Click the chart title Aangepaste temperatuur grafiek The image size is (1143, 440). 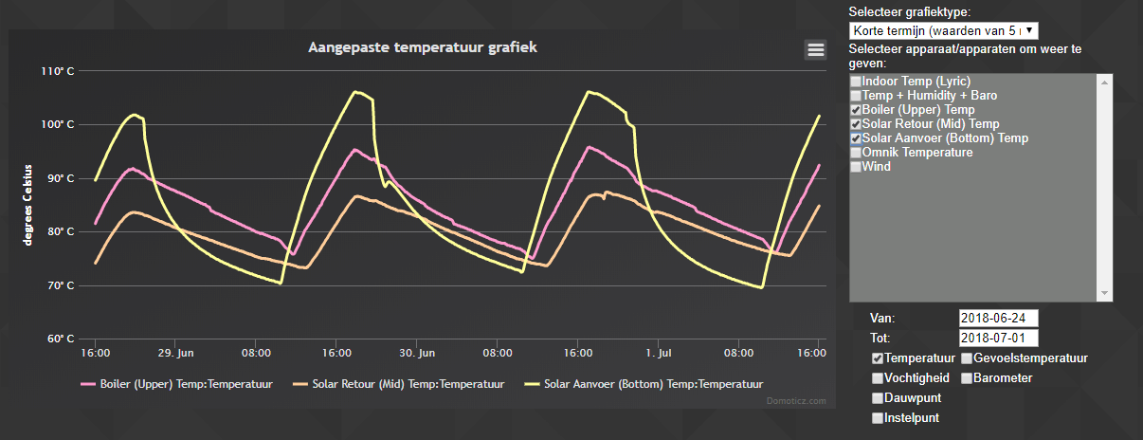tap(423, 47)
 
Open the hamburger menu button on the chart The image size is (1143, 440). tap(815, 49)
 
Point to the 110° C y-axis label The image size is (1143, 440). tap(58, 71)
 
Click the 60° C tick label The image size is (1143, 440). tap(58, 339)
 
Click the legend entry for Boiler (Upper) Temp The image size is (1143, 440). tap(178, 384)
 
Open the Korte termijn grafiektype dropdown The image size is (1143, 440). tap(943, 31)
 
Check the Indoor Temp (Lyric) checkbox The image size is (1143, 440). tap(856, 82)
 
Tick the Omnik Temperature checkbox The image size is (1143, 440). tap(856, 154)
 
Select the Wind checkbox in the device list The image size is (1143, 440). tap(856, 168)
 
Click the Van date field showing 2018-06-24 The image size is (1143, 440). tap(998, 318)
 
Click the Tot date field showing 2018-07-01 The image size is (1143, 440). tap(998, 339)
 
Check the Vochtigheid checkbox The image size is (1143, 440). tap(878, 378)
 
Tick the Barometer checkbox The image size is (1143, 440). tap(967, 378)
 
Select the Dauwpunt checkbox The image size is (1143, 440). tap(878, 398)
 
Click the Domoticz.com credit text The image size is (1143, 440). tap(796, 401)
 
